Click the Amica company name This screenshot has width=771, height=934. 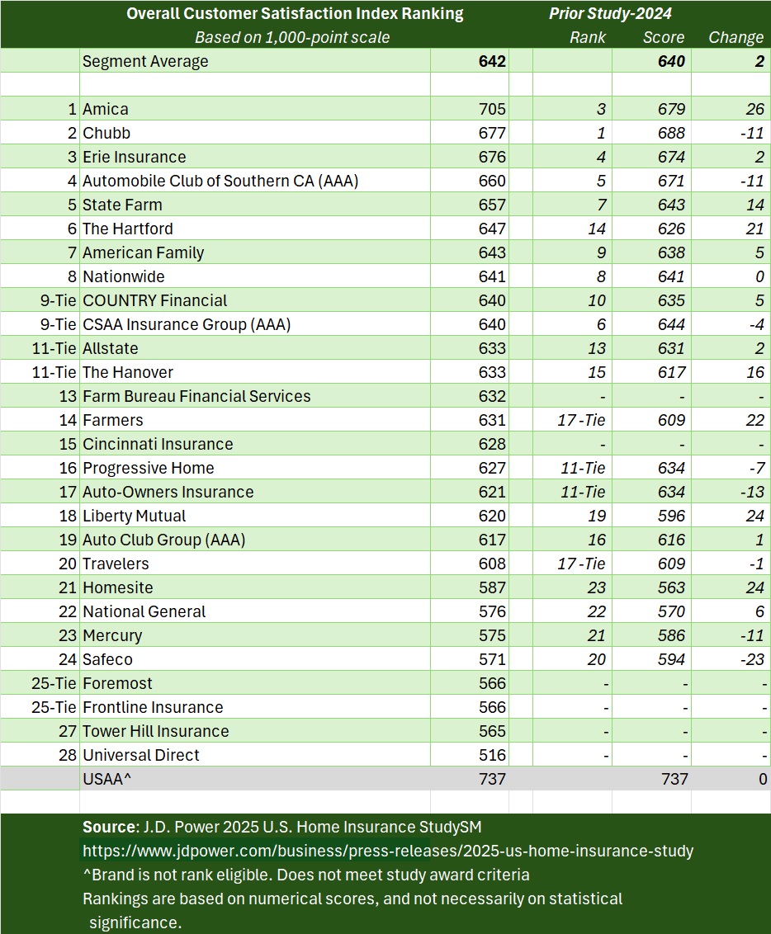[x=106, y=109]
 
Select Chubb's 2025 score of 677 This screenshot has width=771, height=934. [x=492, y=133]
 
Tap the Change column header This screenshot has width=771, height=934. [x=736, y=37]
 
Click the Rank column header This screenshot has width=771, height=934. [x=588, y=37]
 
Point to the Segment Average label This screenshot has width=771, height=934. [x=145, y=61]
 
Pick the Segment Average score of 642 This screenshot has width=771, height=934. [x=492, y=61]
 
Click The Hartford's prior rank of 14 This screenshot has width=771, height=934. [x=594, y=229]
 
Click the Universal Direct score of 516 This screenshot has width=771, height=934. [x=492, y=755]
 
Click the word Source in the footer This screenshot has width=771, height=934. [x=108, y=827]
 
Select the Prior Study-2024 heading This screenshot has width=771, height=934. [x=610, y=13]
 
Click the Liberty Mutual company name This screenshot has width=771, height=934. [x=135, y=516]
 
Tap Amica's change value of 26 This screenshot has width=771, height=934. [x=754, y=109]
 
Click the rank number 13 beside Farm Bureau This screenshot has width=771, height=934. [x=68, y=396]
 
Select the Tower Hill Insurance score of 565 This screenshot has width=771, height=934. [x=492, y=731]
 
